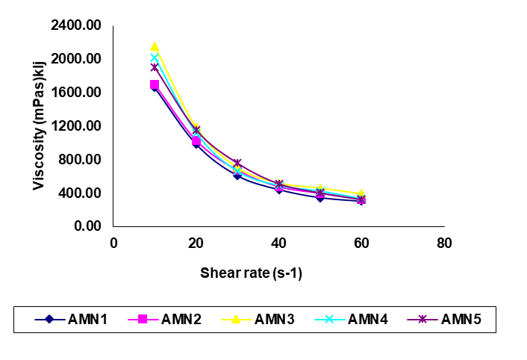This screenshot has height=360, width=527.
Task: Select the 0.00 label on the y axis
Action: click(87, 226)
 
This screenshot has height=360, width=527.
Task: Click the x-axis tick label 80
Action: click(444, 242)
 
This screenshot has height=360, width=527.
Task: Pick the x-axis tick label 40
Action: click(278, 242)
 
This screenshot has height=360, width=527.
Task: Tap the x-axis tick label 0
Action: click(113, 242)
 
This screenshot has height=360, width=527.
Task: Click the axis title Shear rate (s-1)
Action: click(251, 273)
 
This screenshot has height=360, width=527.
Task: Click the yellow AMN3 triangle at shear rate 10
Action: click(155, 46)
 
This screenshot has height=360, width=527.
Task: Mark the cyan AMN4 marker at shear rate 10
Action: click(155, 58)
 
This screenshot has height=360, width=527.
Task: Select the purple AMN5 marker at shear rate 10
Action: click(155, 67)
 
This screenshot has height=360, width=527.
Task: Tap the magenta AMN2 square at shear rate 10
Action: click(155, 84)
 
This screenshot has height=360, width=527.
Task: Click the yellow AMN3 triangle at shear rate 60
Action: click(361, 193)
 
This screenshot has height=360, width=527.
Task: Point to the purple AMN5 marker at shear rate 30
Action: click(237, 163)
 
